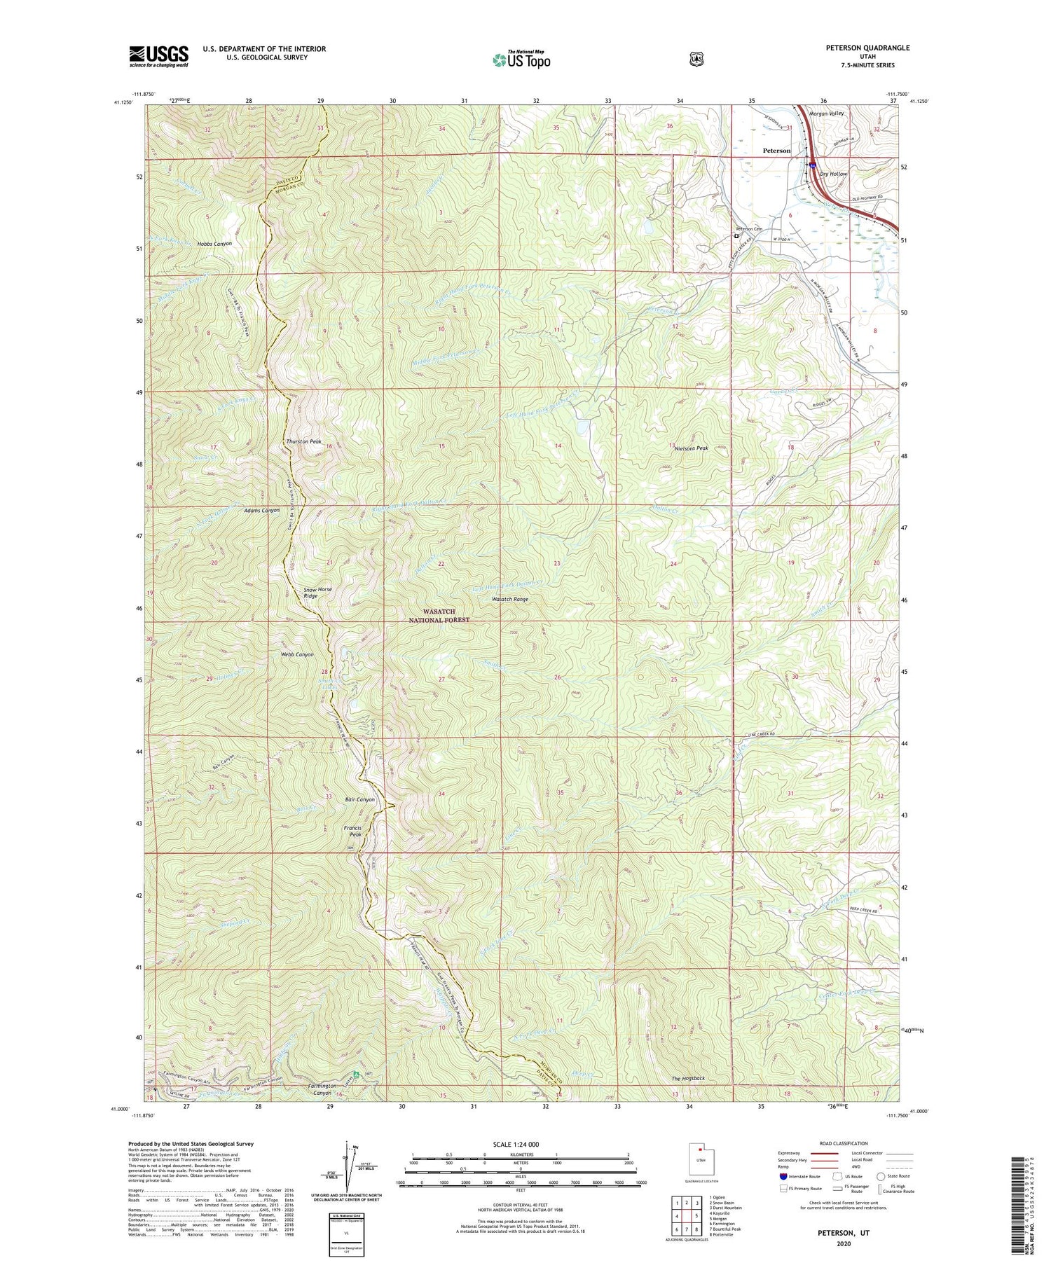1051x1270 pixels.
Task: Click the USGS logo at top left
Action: [x=158, y=56]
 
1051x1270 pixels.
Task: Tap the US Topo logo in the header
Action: [x=522, y=60]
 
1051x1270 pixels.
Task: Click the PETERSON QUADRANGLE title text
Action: [x=869, y=48]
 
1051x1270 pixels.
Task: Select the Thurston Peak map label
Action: [x=303, y=442]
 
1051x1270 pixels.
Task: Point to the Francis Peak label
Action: [x=352, y=831]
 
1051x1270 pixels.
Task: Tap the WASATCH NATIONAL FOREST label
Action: [x=439, y=616]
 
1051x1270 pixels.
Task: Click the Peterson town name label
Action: [x=776, y=151]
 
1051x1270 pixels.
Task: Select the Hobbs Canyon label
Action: [x=214, y=243]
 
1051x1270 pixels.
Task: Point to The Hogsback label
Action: [x=688, y=1078]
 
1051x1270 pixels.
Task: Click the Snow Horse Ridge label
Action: [x=317, y=593]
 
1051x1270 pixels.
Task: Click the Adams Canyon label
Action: [x=261, y=511]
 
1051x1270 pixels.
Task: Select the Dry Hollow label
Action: [x=834, y=174]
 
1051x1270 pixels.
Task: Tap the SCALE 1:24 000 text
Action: [x=520, y=1144]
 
